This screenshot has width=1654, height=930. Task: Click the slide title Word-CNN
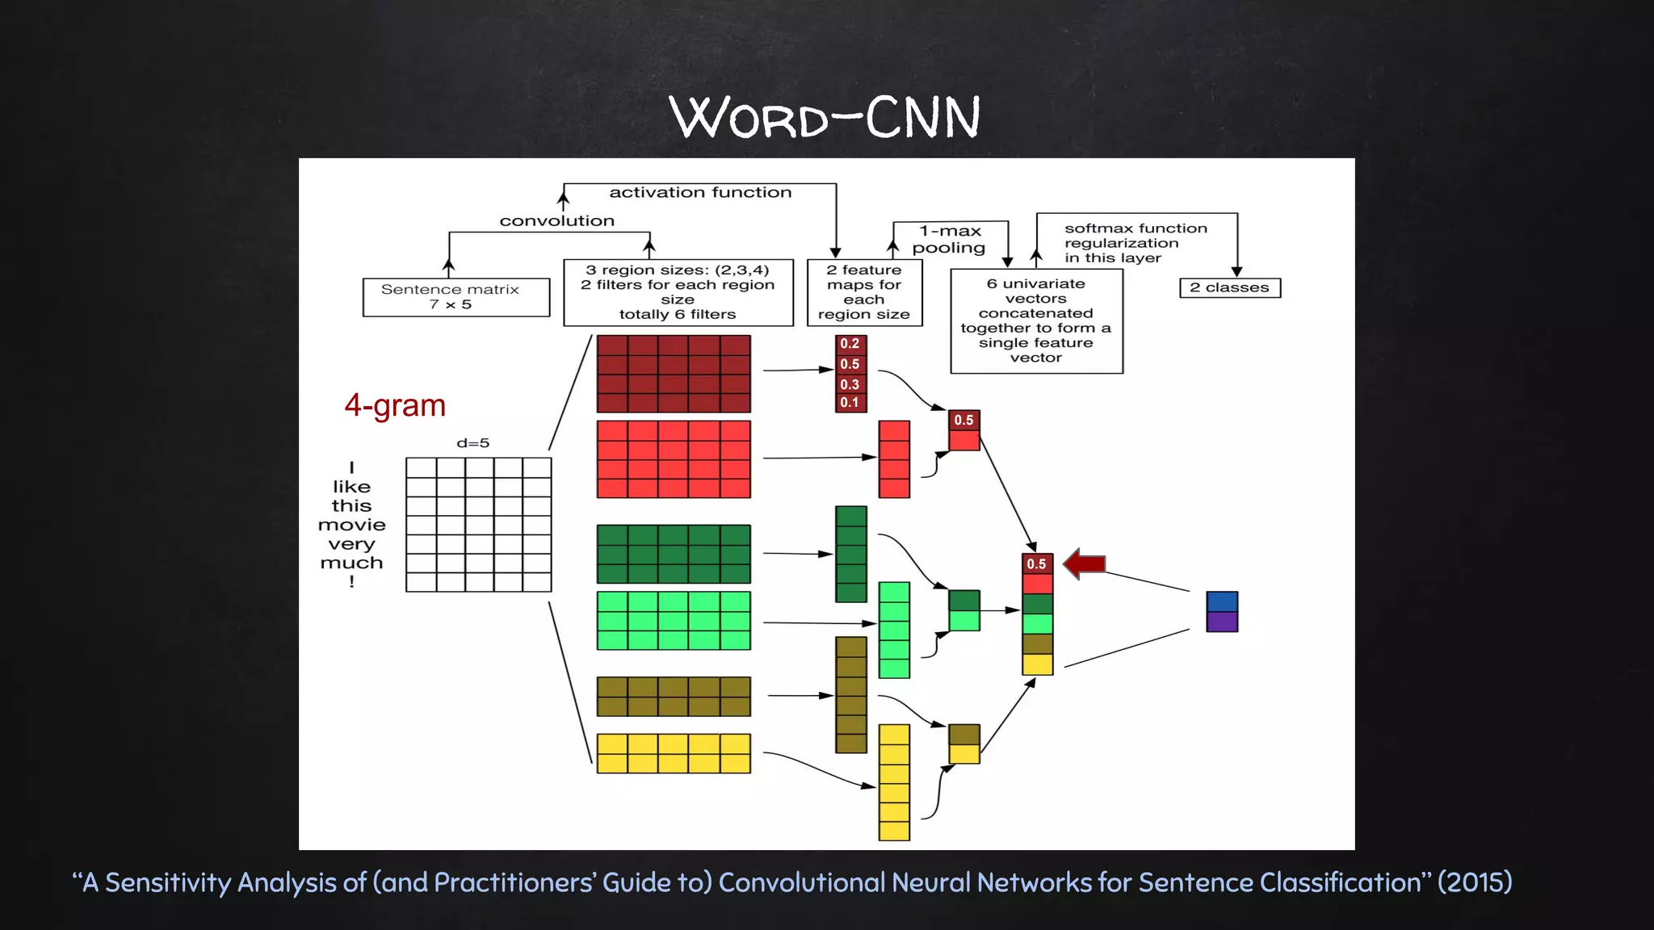pyautogui.click(x=825, y=118)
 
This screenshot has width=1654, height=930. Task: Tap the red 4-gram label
pyautogui.click(x=395, y=405)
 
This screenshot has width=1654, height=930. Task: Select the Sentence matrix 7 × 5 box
pyautogui.click(x=456, y=297)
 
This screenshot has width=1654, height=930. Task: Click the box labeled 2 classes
pyautogui.click(x=1230, y=288)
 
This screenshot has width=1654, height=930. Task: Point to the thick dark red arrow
pyautogui.click(x=1085, y=563)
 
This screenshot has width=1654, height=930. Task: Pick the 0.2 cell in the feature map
pyautogui.click(x=850, y=344)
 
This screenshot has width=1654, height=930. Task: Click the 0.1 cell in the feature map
pyautogui.click(x=850, y=403)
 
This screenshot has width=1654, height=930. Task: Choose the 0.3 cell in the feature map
pyautogui.click(x=850, y=384)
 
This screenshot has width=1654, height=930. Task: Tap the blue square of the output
pyautogui.click(x=1222, y=601)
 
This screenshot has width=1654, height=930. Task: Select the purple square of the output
pyautogui.click(x=1222, y=622)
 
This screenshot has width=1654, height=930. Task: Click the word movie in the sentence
pyautogui.click(x=352, y=526)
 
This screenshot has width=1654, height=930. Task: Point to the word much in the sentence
pyautogui.click(x=352, y=563)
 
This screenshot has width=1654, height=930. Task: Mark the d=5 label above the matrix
pyautogui.click(x=473, y=443)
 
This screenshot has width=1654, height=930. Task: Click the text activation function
pyautogui.click(x=700, y=193)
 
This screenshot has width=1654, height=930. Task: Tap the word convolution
pyautogui.click(x=557, y=221)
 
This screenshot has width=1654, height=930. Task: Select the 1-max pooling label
pyautogui.click(x=950, y=240)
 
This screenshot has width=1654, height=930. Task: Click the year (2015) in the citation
pyautogui.click(x=1475, y=882)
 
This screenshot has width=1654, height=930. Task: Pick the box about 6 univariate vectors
pyautogui.click(x=1036, y=320)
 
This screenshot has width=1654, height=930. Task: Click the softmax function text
pyautogui.click(x=1136, y=229)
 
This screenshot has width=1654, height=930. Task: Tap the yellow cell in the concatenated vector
pyautogui.click(x=1038, y=664)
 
